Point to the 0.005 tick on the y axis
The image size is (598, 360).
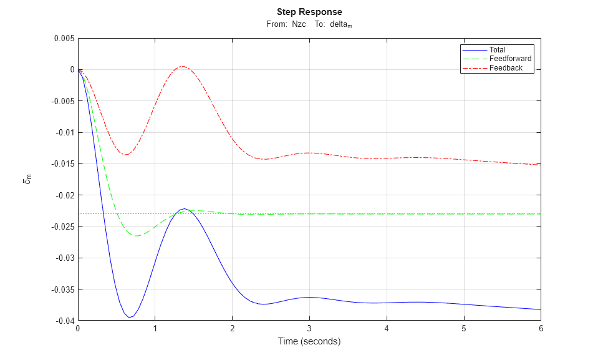(64, 39)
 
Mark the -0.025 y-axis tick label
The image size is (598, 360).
(62, 226)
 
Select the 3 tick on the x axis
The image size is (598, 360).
(309, 329)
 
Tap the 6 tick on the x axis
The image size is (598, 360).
(541, 329)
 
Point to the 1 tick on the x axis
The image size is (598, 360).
(155, 329)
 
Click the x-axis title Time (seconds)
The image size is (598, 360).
(309, 342)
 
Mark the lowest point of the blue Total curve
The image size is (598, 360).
(130, 318)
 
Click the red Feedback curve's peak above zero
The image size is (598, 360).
(182, 66)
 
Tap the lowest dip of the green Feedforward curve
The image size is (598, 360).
(135, 236)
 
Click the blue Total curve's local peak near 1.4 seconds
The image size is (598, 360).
(183, 208)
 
